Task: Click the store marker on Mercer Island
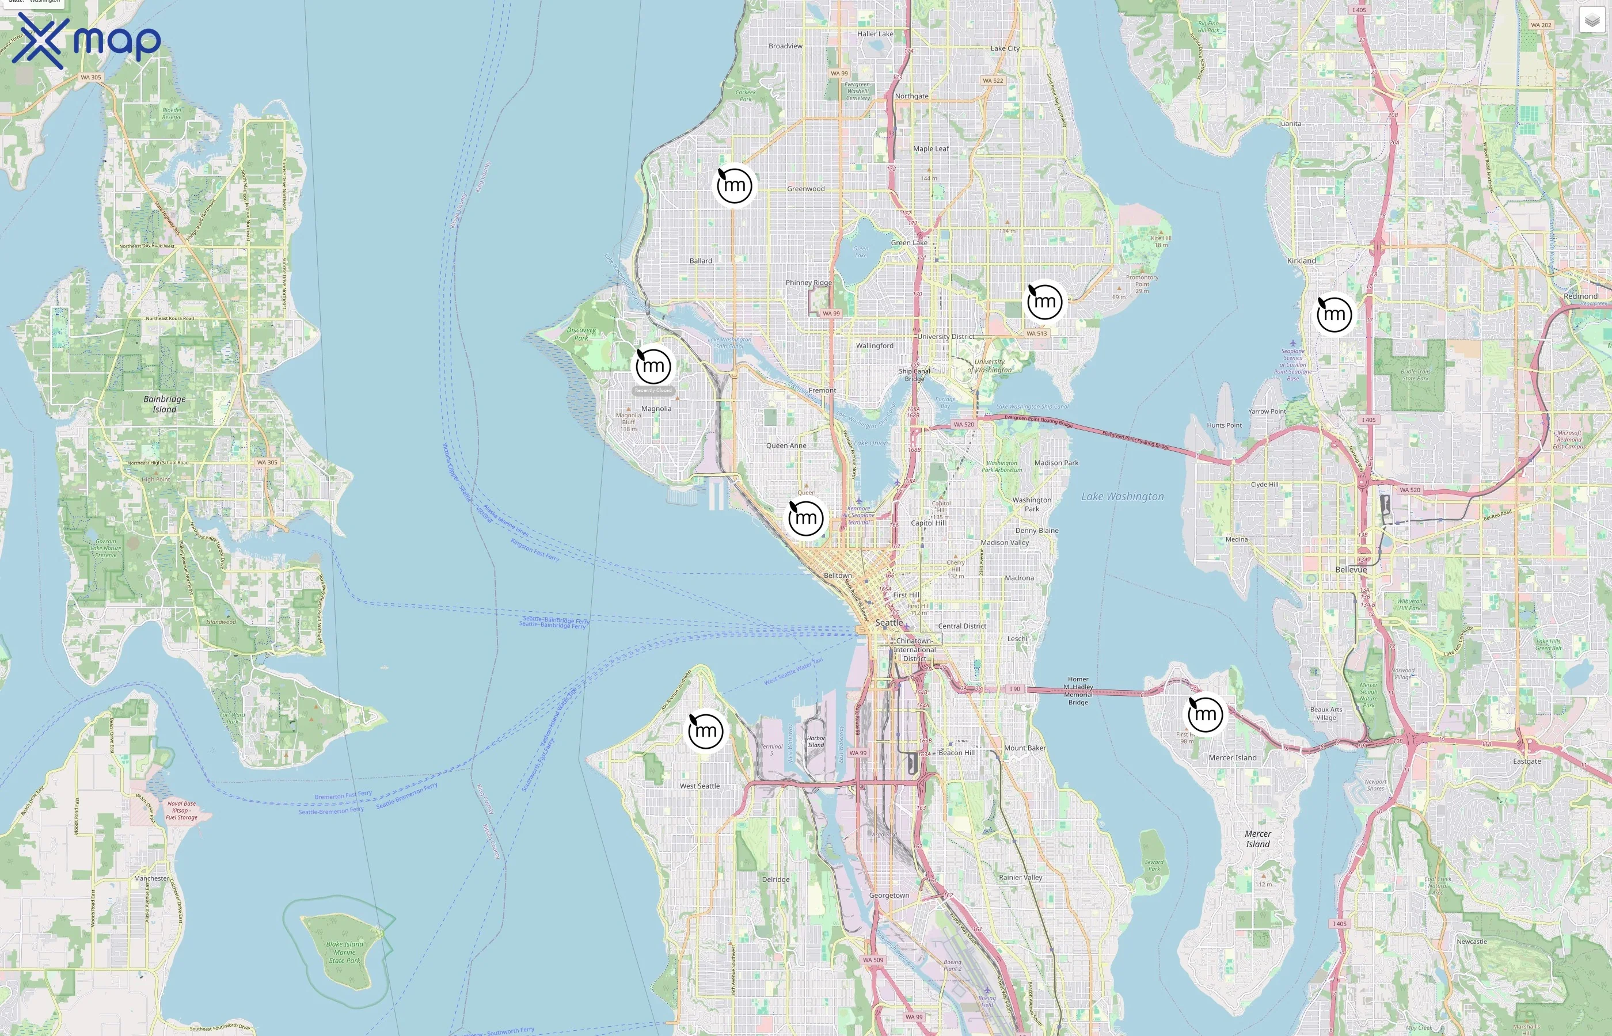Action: [1205, 713]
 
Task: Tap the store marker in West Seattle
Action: [705, 730]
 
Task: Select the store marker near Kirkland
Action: [1334, 314]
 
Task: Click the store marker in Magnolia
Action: [653, 366]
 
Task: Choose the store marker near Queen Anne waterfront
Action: [806, 518]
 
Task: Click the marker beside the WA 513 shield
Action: [1045, 302]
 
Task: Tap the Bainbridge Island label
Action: [164, 403]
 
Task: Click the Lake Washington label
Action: [1122, 497]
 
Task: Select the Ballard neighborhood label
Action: [701, 260]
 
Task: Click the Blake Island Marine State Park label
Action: [344, 952]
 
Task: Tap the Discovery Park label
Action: [581, 334]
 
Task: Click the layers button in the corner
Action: [1591, 20]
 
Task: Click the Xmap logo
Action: [86, 40]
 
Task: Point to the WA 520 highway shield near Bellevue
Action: [1409, 490]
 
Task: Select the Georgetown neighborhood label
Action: [889, 896]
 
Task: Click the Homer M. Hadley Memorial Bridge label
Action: [1078, 691]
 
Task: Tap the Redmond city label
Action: [1580, 296]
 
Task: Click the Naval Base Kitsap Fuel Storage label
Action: [181, 810]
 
